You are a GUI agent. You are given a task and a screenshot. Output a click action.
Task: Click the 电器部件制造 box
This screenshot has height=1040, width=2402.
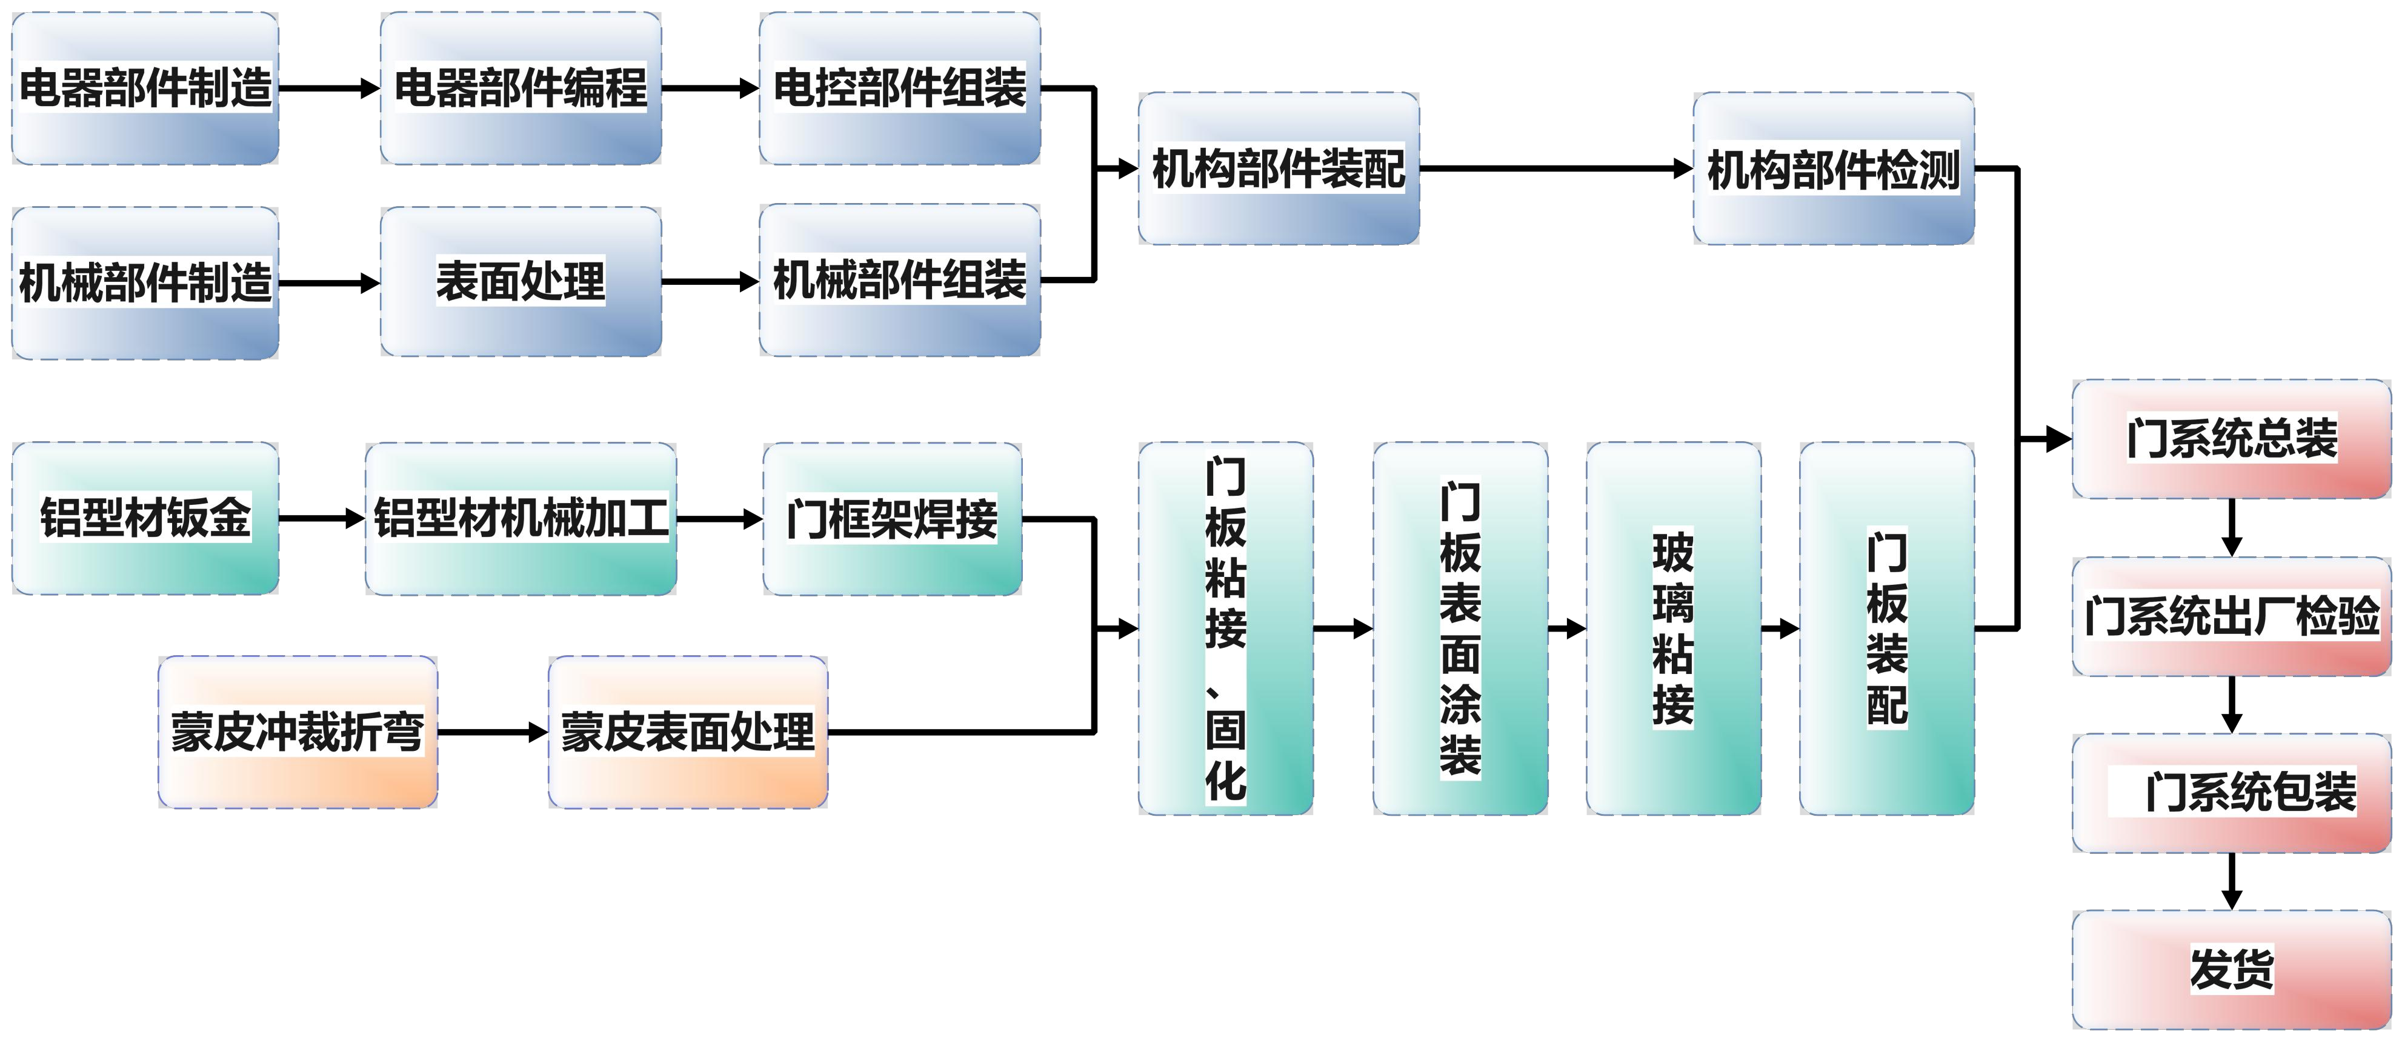pyautogui.click(x=145, y=88)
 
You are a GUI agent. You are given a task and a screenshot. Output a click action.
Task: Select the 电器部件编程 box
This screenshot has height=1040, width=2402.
pyautogui.click(x=521, y=88)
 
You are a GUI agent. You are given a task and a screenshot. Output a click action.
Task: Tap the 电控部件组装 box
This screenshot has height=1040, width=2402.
pyautogui.click(x=900, y=88)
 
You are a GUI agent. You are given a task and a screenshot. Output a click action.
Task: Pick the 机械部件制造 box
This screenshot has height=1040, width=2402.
pyautogui.click(x=145, y=282)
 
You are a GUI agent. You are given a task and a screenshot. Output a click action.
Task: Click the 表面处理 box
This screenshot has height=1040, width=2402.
pyautogui.click(x=521, y=281)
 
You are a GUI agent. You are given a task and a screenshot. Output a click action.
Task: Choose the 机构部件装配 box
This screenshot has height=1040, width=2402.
pyautogui.click(x=1279, y=169)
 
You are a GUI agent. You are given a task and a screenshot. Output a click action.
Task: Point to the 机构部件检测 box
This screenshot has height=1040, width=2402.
pyautogui.click(x=1833, y=169)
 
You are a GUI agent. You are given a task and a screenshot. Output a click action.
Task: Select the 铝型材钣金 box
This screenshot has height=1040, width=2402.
pyautogui.click(x=145, y=519)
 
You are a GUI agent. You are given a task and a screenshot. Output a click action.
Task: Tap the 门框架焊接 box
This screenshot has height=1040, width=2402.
pyautogui.click(x=891, y=519)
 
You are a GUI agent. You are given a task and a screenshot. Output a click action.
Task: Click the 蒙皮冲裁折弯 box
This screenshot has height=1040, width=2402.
pyautogui.click(x=298, y=732)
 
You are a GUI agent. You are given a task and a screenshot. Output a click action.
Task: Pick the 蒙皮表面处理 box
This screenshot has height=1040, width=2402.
pyautogui.click(x=687, y=732)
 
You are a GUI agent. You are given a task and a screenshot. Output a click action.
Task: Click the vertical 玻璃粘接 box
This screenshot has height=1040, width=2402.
pyautogui.click(x=1673, y=628)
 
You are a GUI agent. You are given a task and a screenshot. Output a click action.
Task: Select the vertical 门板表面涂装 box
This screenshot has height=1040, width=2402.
pyautogui.click(x=1460, y=628)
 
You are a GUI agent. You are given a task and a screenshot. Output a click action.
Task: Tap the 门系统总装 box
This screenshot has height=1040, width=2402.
pyautogui.click(x=2231, y=438)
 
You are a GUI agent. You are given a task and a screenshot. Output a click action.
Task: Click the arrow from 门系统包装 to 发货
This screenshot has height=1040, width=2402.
pyautogui.click(x=2231, y=881)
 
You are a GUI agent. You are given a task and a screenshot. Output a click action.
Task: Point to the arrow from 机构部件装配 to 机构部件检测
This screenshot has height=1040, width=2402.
pyautogui.click(x=1555, y=169)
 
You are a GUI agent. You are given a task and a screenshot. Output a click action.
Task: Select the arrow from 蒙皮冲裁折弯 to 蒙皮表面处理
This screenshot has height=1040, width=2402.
pyautogui.click(x=492, y=732)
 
